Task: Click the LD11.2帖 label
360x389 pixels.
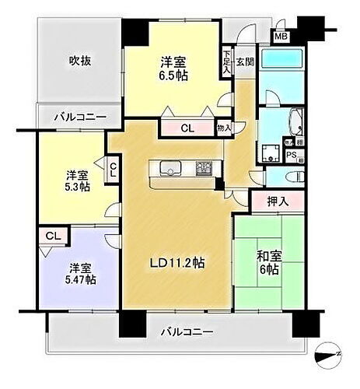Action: [178, 263]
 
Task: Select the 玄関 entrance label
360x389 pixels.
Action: [244, 62]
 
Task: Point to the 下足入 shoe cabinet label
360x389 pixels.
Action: [226, 61]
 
